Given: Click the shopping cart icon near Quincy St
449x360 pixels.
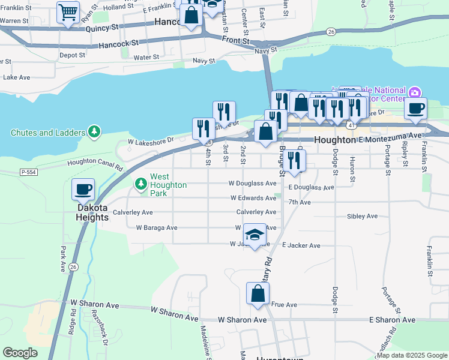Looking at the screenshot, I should pyautogui.click(x=68, y=12).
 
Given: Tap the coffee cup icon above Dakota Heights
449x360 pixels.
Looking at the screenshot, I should pyautogui.click(x=83, y=189).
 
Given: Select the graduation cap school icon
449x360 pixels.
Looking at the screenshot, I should pyautogui.click(x=255, y=235).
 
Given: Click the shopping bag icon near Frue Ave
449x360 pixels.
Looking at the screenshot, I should pyautogui.click(x=258, y=293).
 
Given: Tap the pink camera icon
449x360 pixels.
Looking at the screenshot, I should pyautogui.click(x=414, y=92).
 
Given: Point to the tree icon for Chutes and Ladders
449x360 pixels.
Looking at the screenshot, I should pyautogui.click(x=93, y=131).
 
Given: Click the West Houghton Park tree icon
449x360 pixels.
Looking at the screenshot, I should pyautogui.click(x=140, y=182).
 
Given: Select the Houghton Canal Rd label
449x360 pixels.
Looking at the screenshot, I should pyautogui.click(x=95, y=162).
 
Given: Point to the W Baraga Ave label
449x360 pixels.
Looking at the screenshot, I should pyautogui.click(x=157, y=228).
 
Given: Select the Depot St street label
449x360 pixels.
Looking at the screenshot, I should pyautogui.click(x=72, y=55).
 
